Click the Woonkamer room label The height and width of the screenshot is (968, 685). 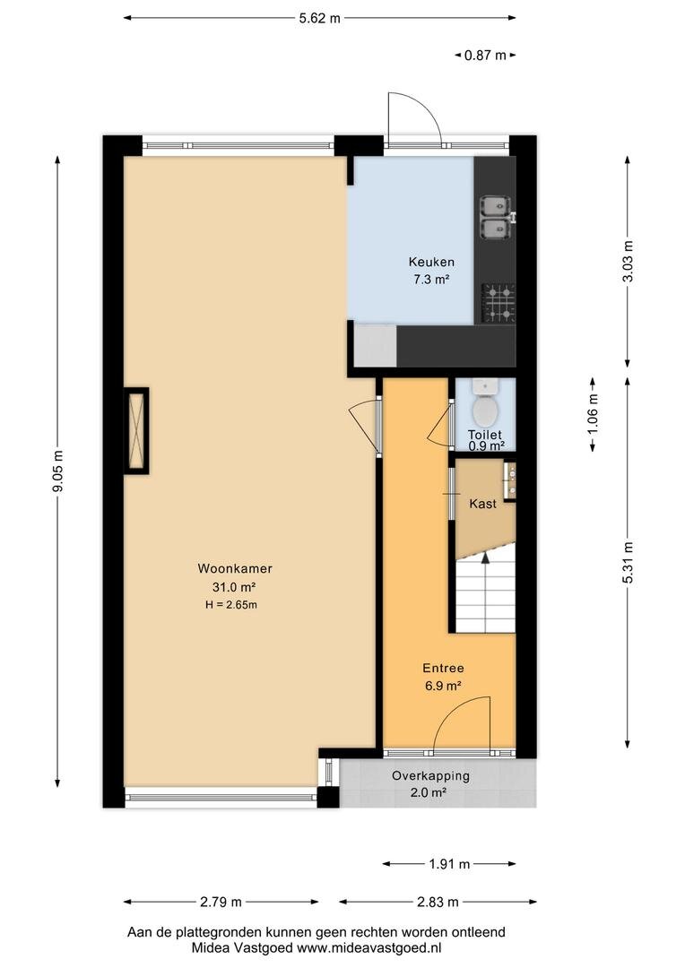[x=235, y=568]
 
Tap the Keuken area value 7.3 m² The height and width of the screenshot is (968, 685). [x=431, y=279]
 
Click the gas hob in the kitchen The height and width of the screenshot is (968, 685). [x=499, y=303]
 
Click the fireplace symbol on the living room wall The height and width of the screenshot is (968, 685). [x=136, y=430]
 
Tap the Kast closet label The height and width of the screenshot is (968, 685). [x=482, y=504]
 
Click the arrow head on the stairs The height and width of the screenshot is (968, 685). [x=485, y=557]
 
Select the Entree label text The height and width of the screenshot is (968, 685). [x=443, y=668]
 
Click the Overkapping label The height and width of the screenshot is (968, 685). [x=430, y=776]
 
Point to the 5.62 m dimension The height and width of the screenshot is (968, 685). [x=319, y=19]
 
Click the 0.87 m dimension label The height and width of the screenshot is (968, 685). [x=485, y=56]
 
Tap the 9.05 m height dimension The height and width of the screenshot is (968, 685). [x=58, y=471]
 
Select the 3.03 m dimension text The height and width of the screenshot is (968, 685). [x=628, y=261]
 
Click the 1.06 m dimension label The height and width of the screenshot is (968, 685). [x=593, y=413]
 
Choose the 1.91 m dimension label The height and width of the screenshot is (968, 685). [x=449, y=864]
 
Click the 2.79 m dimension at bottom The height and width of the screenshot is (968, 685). [x=221, y=902]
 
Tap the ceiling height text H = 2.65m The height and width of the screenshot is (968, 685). [x=231, y=605]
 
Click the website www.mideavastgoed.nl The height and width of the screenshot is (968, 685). [x=369, y=947]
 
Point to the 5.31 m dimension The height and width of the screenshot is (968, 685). [x=628, y=562]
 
